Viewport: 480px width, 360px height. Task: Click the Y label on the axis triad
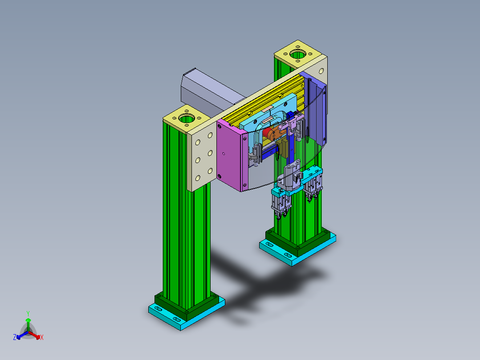[x=28, y=313]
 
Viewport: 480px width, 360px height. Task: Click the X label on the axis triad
[x=41, y=338]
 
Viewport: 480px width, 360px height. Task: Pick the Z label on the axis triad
[x=15, y=338]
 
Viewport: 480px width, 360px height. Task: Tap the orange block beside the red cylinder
[x=277, y=133]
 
